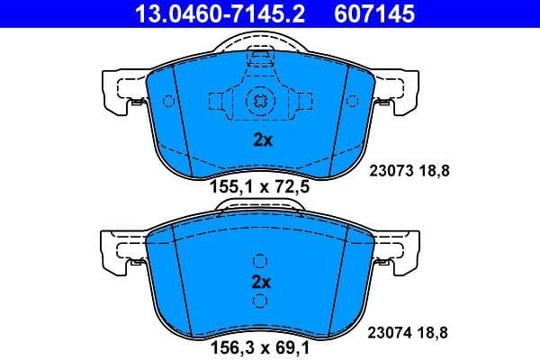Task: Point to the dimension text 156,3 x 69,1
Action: pyautogui.click(x=260, y=344)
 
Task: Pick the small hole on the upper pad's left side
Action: pyautogui.click(x=168, y=101)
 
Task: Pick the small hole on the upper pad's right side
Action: pyautogui.click(x=352, y=101)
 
